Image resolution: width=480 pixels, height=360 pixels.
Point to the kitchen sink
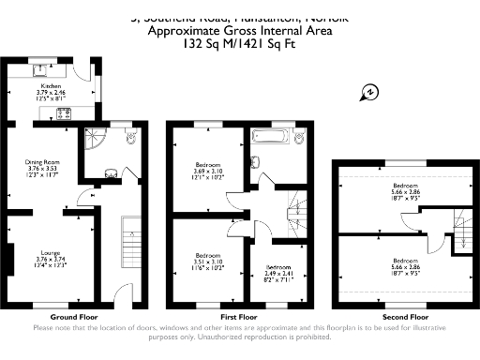tap(43, 67)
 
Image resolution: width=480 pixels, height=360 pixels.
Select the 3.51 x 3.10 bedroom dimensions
tap(207, 261)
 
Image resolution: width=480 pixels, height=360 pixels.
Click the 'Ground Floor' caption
tap(73, 316)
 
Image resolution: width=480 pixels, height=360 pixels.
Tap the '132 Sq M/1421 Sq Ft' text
tap(239, 42)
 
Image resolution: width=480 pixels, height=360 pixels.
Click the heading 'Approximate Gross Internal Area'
tap(239, 30)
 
